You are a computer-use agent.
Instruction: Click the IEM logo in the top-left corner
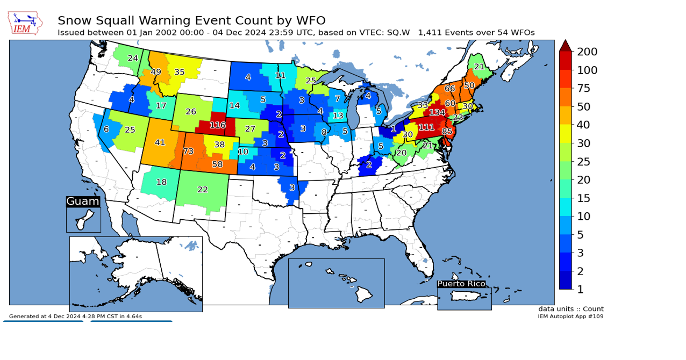pyautogui.click(x=25, y=23)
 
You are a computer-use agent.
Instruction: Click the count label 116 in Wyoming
pyautogui.click(x=217, y=125)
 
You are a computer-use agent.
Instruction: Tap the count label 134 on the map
pyautogui.click(x=437, y=113)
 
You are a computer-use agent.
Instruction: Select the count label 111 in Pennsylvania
pyautogui.click(x=426, y=127)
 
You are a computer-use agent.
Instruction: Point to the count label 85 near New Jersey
pyautogui.click(x=447, y=131)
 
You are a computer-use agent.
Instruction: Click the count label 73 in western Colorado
pyautogui.click(x=188, y=152)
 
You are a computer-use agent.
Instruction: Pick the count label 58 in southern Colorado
pyautogui.click(x=217, y=164)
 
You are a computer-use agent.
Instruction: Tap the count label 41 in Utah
pyautogui.click(x=160, y=143)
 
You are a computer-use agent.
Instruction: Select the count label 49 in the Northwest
pyautogui.click(x=156, y=72)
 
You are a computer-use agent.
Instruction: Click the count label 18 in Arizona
pyautogui.click(x=161, y=182)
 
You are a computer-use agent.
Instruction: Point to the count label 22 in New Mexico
pyautogui.click(x=203, y=190)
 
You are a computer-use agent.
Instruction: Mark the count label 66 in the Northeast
pyautogui.click(x=450, y=89)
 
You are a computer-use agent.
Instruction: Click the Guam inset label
pyautogui.click(x=83, y=201)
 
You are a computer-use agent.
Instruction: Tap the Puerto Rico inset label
pyautogui.click(x=461, y=284)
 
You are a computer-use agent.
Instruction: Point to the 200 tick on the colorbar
pyautogui.click(x=587, y=52)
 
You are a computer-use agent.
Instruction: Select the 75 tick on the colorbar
pyautogui.click(x=584, y=88)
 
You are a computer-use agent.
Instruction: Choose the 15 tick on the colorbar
pyautogui.click(x=584, y=198)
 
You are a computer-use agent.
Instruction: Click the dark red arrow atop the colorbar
pyautogui.click(x=565, y=46)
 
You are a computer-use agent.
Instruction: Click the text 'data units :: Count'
pyautogui.click(x=571, y=309)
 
